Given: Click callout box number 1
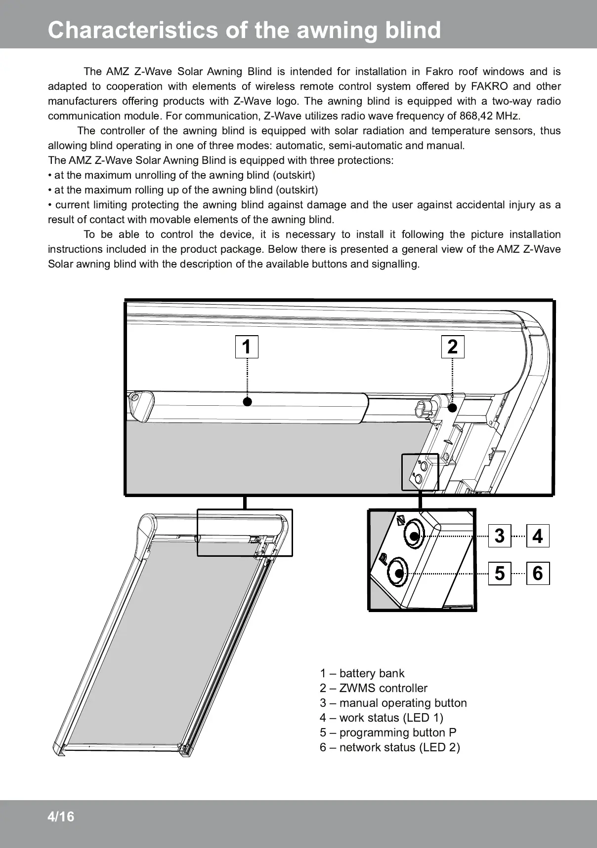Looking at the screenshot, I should [x=247, y=347].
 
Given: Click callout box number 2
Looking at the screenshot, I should [x=453, y=347].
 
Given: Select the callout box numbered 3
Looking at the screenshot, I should [x=500, y=536].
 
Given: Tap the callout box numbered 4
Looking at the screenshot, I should [x=538, y=536].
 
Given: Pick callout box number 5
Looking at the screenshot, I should [x=500, y=574].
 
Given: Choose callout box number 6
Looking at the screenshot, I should [x=538, y=574].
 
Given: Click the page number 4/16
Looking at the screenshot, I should [x=61, y=817].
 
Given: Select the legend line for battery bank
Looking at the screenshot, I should [x=362, y=673].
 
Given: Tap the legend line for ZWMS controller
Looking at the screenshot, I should [x=373, y=688].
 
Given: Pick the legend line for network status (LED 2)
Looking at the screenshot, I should [x=389, y=747].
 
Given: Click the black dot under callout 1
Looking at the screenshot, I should [x=247, y=401].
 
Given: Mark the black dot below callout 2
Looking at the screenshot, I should [x=453, y=408].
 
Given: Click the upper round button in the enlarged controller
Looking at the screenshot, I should [x=413, y=535].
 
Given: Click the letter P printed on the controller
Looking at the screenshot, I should [x=384, y=558].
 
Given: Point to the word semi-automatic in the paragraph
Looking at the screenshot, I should [x=335, y=146].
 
